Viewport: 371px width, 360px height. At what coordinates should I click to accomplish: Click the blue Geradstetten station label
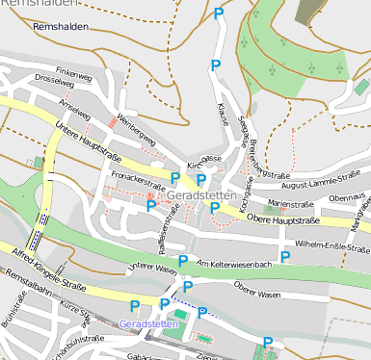click(x=146, y=324)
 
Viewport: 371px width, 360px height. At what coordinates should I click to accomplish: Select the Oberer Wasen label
click(x=256, y=292)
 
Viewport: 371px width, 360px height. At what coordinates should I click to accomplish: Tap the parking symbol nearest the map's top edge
click(x=219, y=13)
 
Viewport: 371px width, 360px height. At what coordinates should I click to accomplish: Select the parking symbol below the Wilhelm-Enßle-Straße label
click(x=285, y=255)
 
